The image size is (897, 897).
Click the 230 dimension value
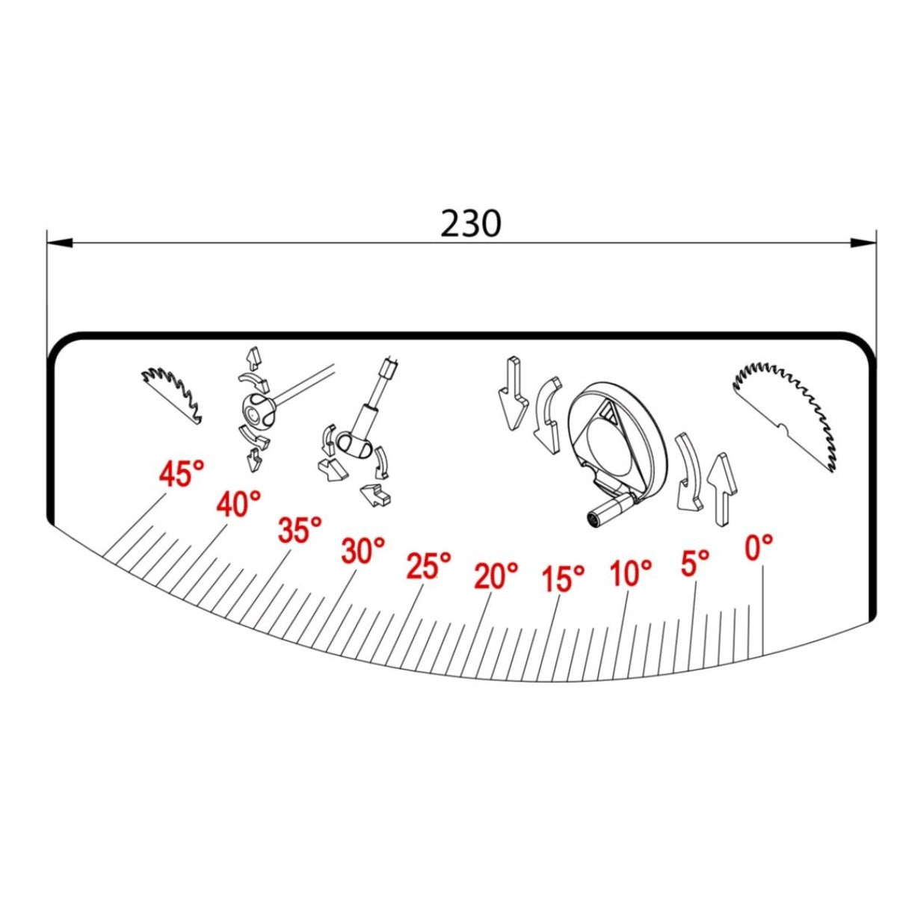point(471,224)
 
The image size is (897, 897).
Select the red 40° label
point(238,504)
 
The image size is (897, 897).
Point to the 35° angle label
point(300,530)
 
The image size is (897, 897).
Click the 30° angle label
point(363,551)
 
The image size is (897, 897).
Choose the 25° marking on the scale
point(429,566)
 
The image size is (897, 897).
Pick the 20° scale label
point(496,576)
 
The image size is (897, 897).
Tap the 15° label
point(564,579)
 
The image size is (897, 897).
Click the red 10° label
point(631,573)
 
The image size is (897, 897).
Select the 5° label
point(695,563)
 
